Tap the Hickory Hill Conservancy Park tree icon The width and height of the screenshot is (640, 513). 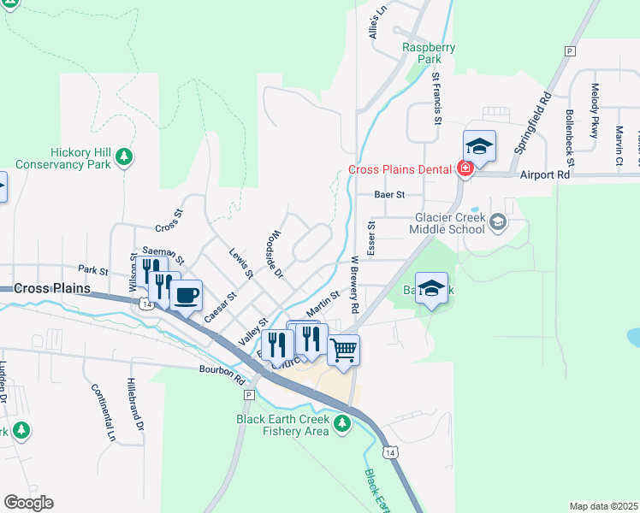click(x=125, y=156)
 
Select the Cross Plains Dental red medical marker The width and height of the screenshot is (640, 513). click(x=465, y=168)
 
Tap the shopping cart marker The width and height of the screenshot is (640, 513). click(x=343, y=349)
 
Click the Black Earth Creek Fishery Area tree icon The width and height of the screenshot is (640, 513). click(x=342, y=422)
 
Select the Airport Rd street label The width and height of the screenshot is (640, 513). click(x=544, y=174)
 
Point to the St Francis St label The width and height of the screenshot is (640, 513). click(x=436, y=98)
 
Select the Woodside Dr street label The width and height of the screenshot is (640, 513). click(x=274, y=254)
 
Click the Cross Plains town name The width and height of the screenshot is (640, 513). click(x=52, y=289)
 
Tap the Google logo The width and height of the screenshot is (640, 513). click(x=28, y=503)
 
